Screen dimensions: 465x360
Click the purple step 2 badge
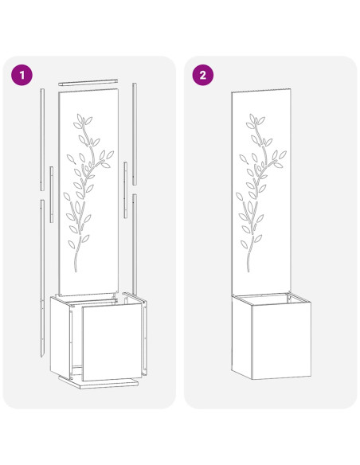coord(203,75)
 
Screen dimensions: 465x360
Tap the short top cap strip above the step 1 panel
coord(88,82)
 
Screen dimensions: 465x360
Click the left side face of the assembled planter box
coord(241,334)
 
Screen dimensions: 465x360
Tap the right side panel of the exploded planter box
coord(144,334)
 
